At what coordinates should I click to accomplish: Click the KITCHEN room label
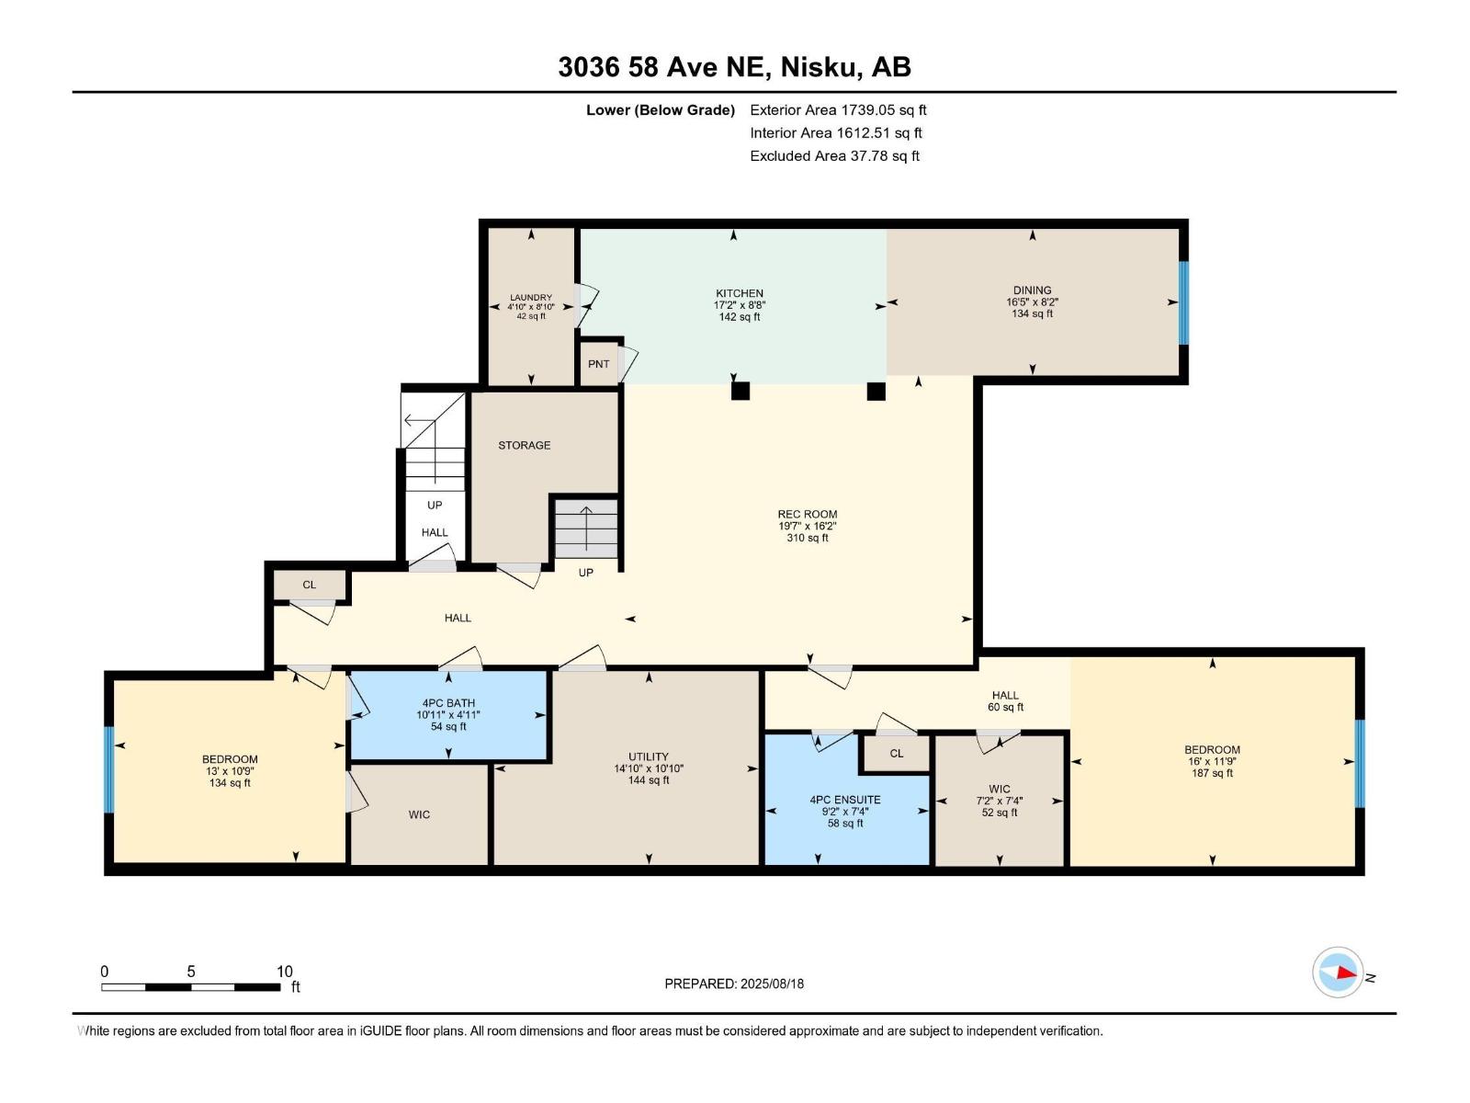740,294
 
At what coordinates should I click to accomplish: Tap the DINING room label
1032,290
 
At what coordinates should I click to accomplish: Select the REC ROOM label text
807,515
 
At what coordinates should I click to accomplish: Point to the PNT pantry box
599,364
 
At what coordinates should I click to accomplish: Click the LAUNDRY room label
531,298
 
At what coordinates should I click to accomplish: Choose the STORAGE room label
525,445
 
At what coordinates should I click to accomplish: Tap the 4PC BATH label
448,703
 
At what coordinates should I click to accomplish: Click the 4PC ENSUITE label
845,800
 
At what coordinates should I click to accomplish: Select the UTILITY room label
649,756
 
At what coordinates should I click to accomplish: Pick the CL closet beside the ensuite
897,754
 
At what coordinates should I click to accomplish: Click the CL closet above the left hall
310,585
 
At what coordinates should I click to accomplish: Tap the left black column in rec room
741,391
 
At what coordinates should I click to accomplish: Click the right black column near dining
876,391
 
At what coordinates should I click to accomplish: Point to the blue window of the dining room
1183,302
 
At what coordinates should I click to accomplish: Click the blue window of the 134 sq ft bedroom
108,770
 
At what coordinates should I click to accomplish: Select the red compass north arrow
1346,972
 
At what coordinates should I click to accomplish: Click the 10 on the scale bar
285,972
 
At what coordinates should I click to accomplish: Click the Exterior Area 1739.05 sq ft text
838,109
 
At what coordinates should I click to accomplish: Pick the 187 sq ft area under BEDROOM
1212,773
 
